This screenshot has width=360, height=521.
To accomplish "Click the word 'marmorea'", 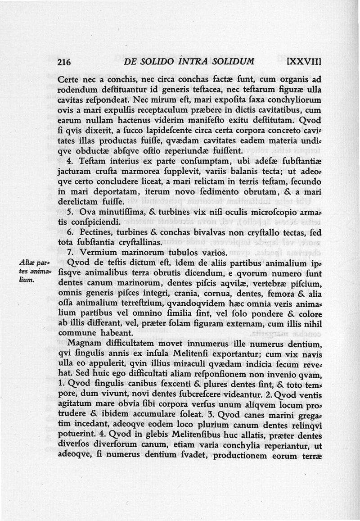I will coord(137,171).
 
